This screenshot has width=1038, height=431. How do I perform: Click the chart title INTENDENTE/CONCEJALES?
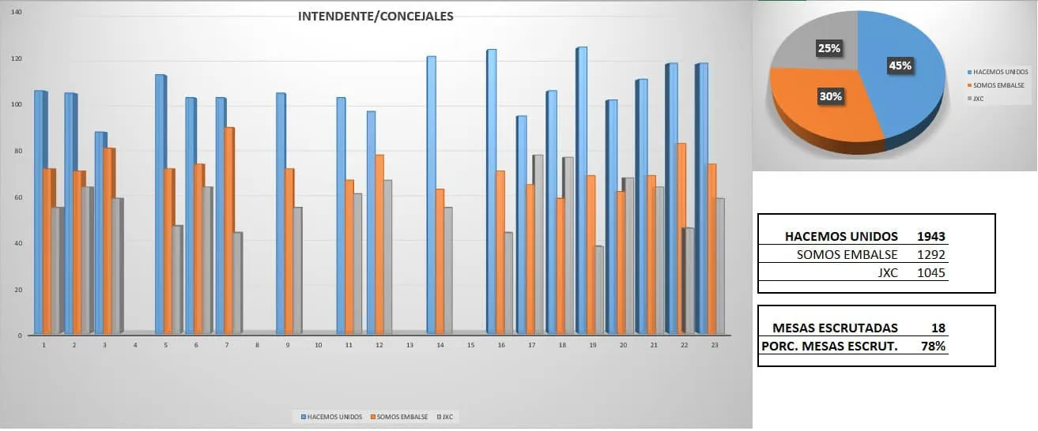click(376, 16)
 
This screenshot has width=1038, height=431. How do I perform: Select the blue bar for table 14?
click(431, 197)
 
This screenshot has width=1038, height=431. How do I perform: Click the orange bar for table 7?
click(228, 229)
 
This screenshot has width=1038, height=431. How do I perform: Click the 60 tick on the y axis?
click(17, 197)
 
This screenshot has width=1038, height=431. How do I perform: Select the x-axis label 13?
click(410, 345)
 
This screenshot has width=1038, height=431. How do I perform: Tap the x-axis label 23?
click(715, 345)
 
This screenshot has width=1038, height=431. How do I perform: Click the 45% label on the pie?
click(900, 66)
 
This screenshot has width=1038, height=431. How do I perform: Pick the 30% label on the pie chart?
click(831, 96)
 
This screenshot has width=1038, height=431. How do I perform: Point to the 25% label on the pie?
click(829, 48)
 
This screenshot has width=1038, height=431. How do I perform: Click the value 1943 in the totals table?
click(930, 236)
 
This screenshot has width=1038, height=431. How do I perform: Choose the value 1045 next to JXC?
click(930, 273)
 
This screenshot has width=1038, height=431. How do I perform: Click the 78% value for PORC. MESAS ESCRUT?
click(933, 346)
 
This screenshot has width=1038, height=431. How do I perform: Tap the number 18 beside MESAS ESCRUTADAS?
click(938, 328)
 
